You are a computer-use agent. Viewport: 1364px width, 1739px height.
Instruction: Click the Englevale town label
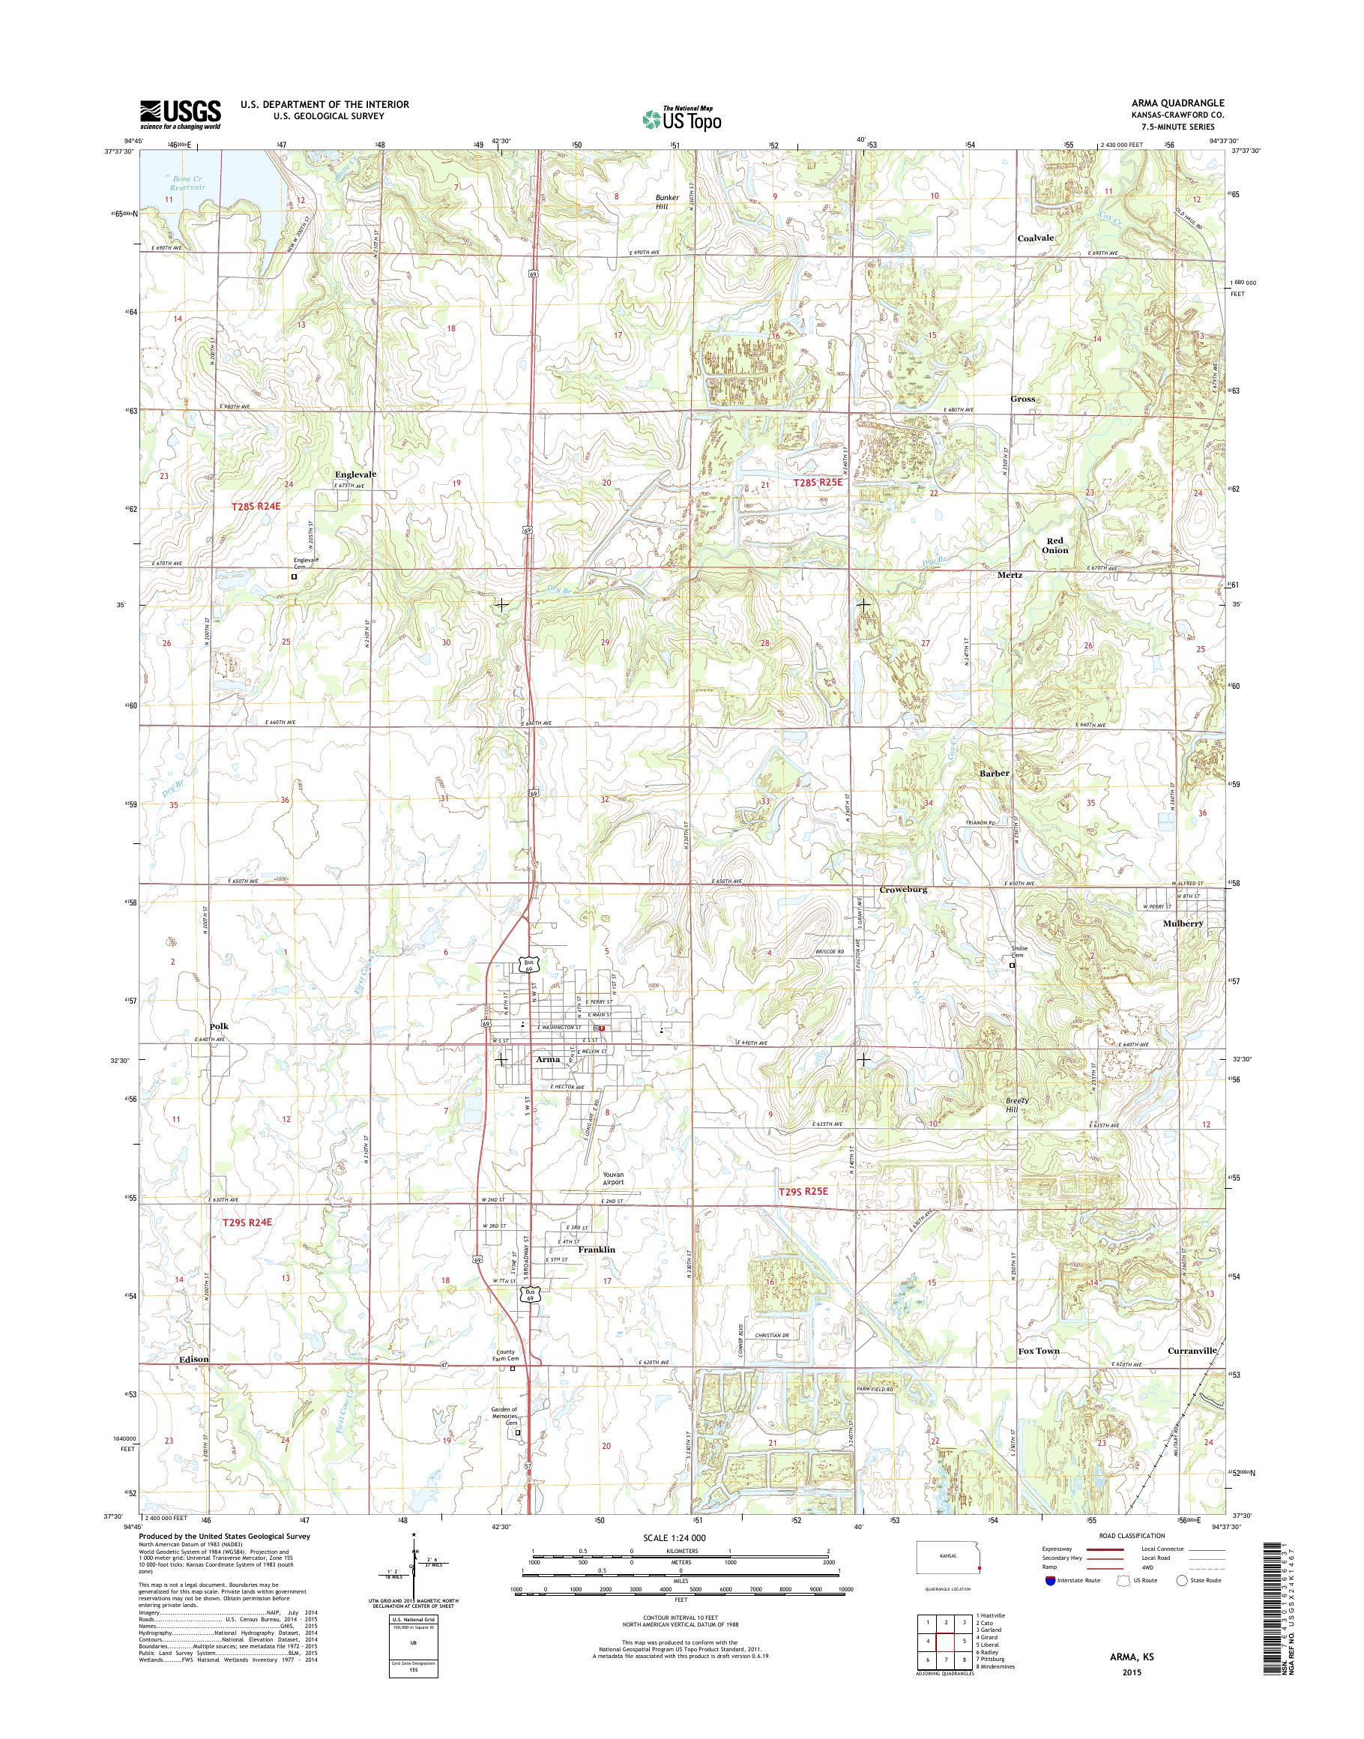pos(354,474)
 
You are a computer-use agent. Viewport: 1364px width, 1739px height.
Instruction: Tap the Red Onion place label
pos(1055,545)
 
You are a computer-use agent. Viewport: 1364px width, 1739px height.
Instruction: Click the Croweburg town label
pos(902,889)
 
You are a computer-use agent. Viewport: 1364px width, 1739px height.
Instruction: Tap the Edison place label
pos(193,1359)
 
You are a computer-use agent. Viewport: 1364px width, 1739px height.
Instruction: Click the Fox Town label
pos(1038,1351)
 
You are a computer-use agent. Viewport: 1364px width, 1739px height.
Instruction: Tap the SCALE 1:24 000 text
pos(675,1537)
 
